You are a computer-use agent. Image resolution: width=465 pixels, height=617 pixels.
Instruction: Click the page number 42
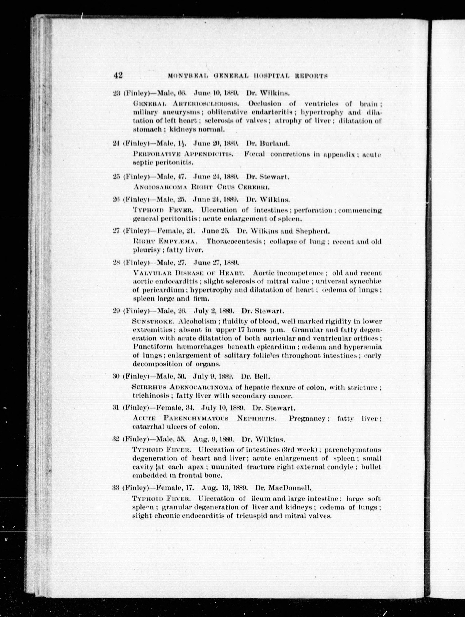118,75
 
